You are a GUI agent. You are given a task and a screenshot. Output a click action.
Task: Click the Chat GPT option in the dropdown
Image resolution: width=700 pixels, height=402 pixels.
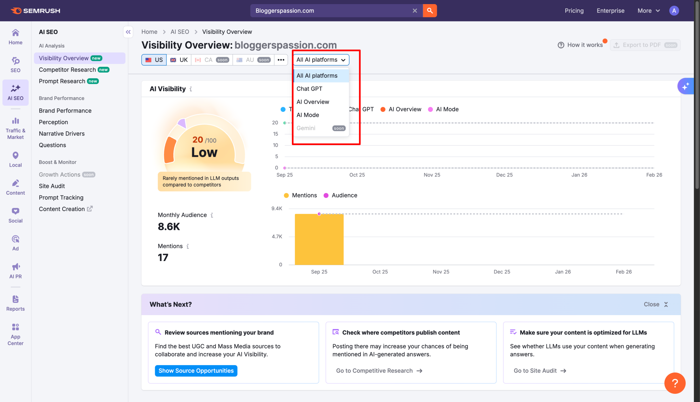[309, 89]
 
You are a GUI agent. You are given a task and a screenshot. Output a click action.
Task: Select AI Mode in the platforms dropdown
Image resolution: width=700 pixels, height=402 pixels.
[308, 115]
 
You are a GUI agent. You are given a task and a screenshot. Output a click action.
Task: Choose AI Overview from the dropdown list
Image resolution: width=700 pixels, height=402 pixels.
[313, 102]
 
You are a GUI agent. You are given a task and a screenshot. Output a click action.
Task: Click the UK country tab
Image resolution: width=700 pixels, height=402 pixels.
[179, 60]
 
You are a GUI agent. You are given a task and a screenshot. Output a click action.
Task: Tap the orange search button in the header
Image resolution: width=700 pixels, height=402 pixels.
[430, 11]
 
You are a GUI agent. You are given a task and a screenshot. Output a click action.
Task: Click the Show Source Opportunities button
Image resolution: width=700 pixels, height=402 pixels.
[196, 371]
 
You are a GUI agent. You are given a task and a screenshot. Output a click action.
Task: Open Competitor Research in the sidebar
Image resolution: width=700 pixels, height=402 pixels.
[67, 70]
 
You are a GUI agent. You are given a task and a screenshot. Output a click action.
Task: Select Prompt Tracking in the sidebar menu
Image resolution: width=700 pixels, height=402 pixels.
[61, 197]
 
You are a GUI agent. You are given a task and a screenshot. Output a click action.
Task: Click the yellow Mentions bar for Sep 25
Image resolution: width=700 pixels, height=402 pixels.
[319, 239]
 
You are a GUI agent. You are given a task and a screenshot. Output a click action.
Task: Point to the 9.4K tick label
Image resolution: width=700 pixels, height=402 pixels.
[277, 209]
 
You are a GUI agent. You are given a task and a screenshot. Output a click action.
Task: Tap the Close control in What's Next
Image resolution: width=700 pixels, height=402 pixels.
[656, 304]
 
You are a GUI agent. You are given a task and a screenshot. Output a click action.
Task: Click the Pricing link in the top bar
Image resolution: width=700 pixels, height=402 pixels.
[574, 11]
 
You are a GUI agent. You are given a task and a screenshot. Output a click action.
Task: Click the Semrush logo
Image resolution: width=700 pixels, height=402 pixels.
[36, 11]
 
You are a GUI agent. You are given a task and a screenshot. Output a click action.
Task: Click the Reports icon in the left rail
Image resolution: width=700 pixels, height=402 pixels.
[15, 303]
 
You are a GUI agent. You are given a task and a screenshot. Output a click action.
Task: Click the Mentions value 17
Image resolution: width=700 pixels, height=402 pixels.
[163, 258]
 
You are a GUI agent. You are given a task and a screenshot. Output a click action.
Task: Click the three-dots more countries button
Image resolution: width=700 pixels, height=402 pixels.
[281, 60]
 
